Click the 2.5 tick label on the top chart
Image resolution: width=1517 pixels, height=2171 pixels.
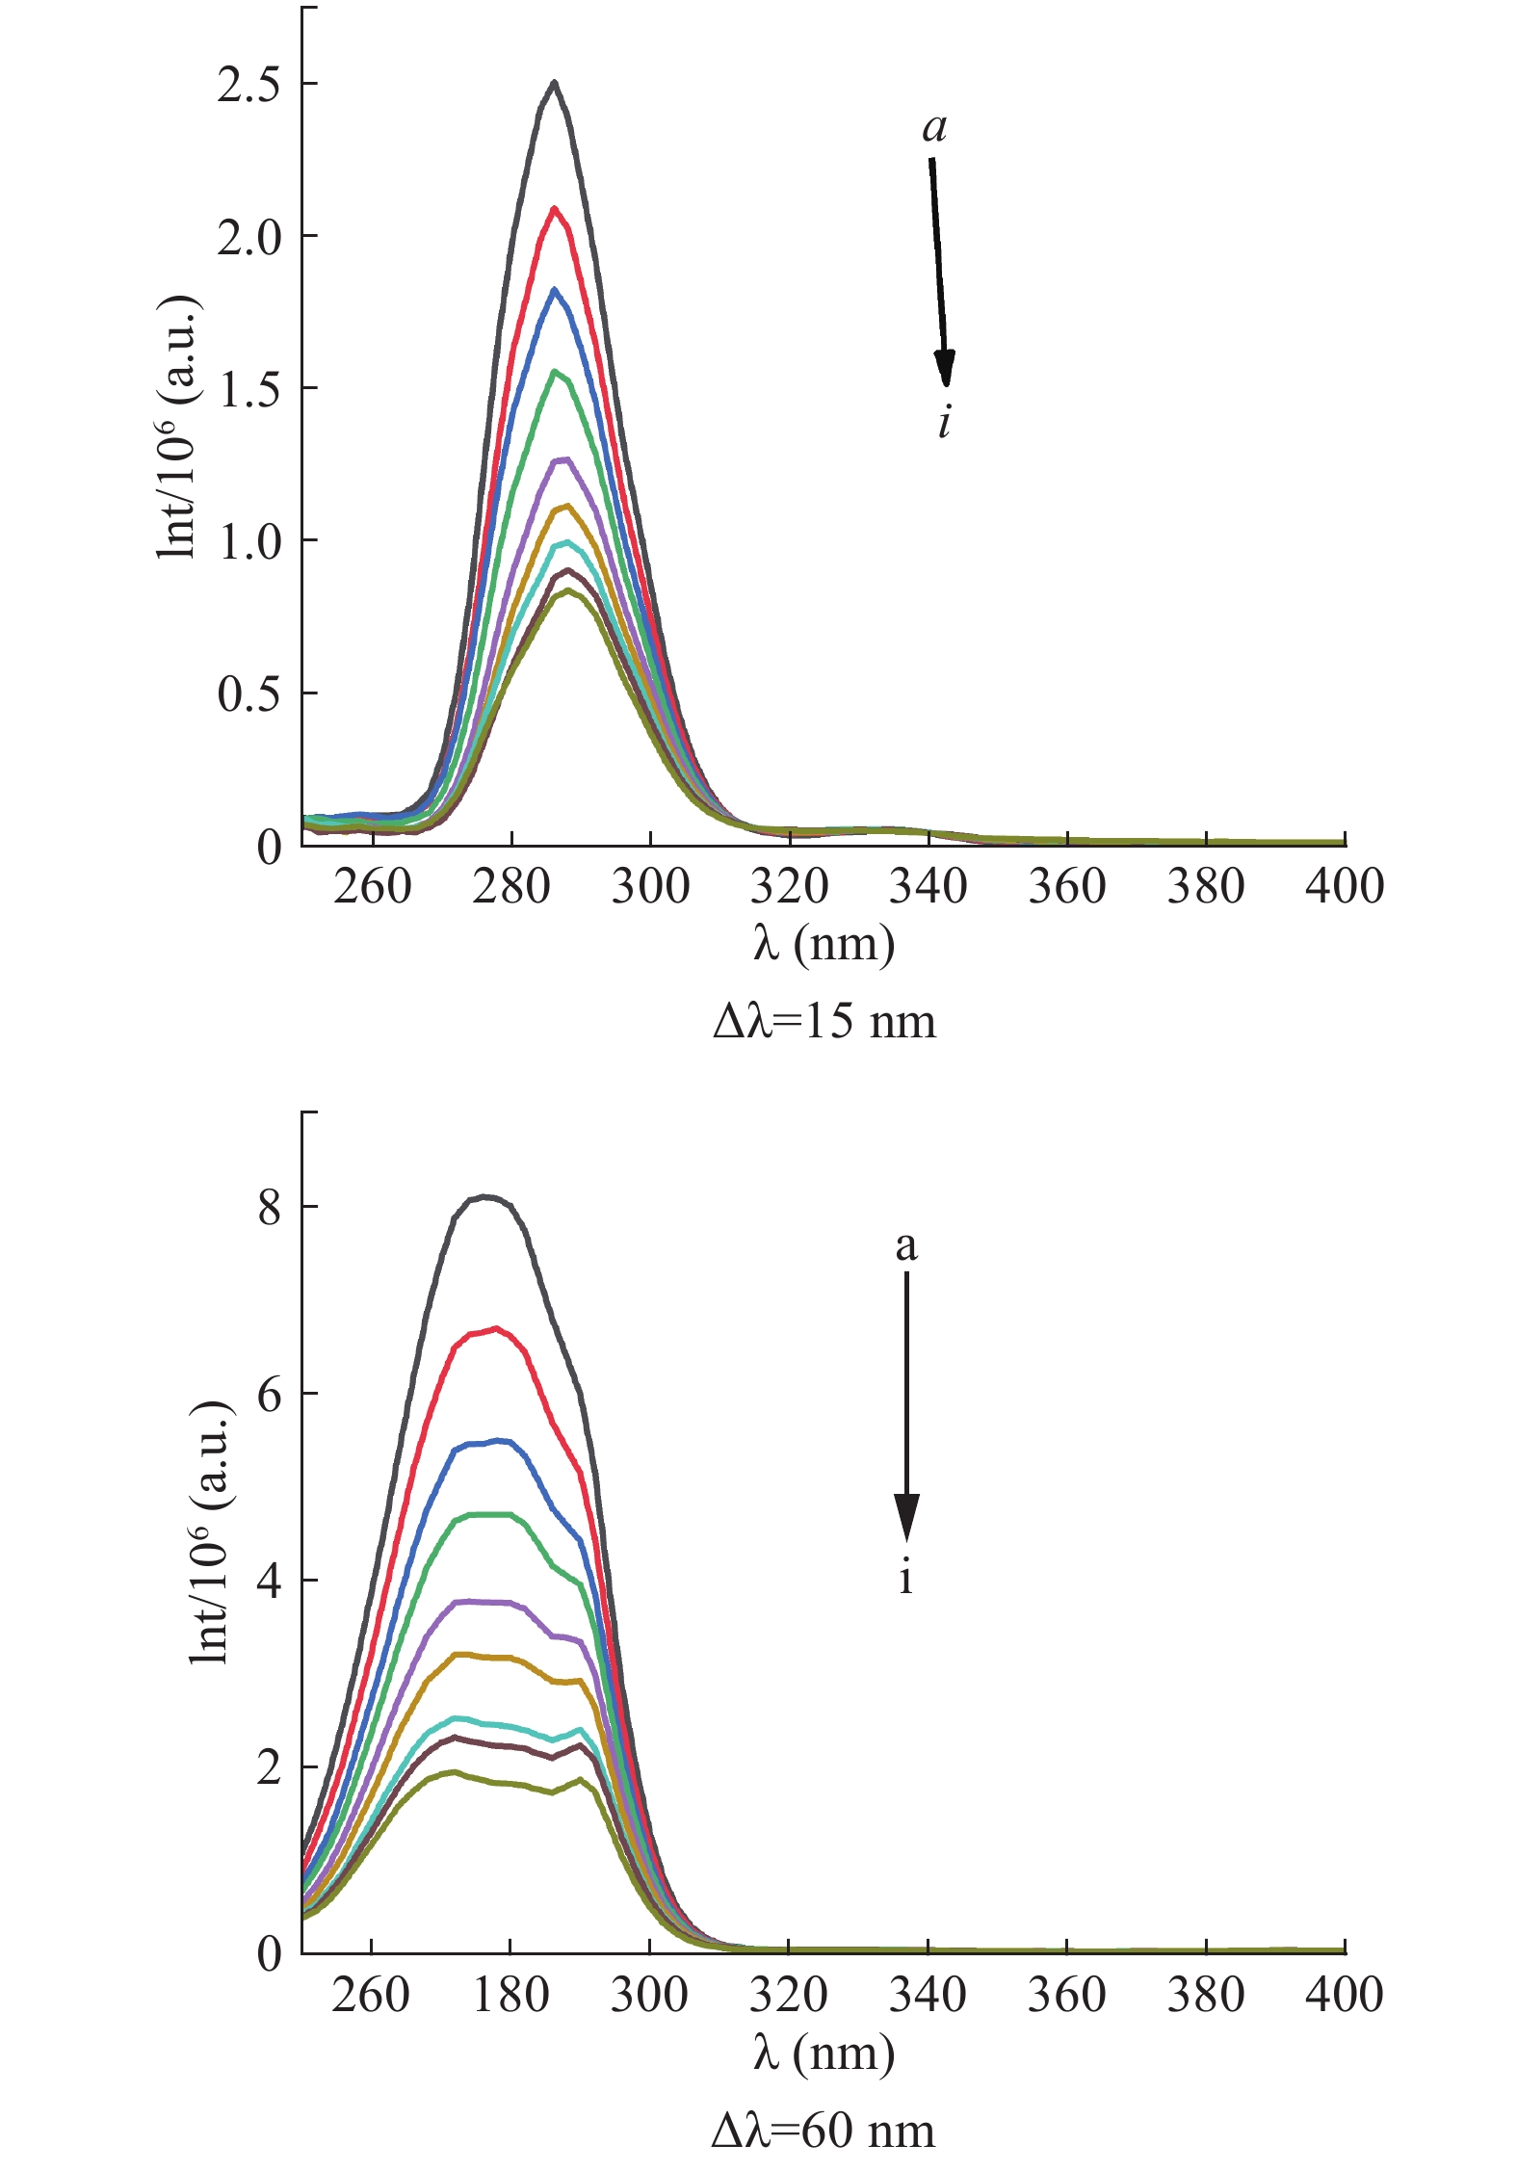(x=248, y=85)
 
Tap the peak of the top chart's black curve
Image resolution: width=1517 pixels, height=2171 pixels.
(x=554, y=82)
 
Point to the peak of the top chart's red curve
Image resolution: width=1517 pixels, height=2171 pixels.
(x=554, y=208)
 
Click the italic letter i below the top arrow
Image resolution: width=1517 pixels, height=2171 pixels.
(x=945, y=422)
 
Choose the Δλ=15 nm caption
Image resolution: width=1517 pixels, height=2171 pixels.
(x=824, y=1022)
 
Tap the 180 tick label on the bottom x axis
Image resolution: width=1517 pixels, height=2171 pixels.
(x=510, y=1995)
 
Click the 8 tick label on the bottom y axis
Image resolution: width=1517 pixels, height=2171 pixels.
(x=270, y=1207)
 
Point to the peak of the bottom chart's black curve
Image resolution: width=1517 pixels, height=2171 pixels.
(x=487, y=1196)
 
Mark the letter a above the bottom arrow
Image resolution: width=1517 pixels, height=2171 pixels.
(x=906, y=1245)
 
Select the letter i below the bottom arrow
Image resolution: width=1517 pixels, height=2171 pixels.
(x=905, y=1579)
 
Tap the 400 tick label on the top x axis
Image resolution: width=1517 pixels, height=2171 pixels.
(x=1345, y=886)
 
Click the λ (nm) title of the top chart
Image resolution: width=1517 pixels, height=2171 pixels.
(x=824, y=944)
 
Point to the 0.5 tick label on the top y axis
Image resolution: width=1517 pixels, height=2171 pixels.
(x=248, y=694)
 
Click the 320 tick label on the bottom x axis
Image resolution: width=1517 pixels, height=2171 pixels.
(x=789, y=1995)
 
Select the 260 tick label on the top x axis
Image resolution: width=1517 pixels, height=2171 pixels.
(x=372, y=886)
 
